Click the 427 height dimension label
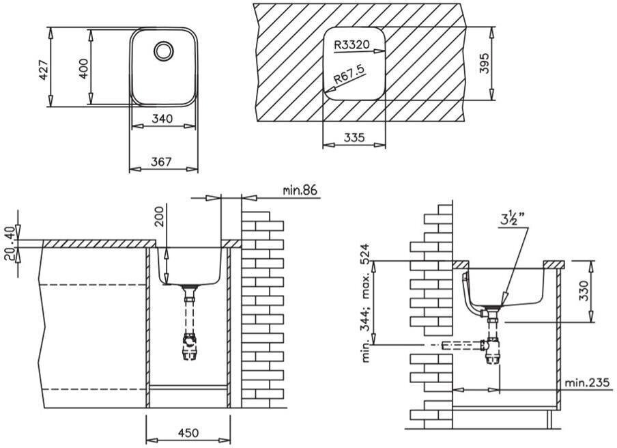click(44, 70)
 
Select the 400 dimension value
click(83, 68)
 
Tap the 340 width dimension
click(162, 118)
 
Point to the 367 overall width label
click(161, 161)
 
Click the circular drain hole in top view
click(163, 51)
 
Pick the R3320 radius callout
click(351, 44)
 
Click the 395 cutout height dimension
click(485, 63)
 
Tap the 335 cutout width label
click(354, 137)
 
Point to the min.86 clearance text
click(300, 191)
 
